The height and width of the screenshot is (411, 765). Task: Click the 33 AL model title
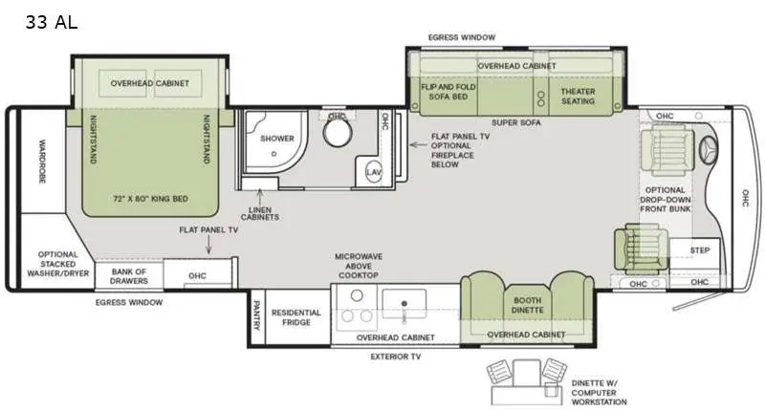pos(52,22)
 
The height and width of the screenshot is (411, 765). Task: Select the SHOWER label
pos(277,139)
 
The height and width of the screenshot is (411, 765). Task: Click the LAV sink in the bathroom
pos(374,172)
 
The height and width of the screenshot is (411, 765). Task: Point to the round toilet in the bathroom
pos(338,133)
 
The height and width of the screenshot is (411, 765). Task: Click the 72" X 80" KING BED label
pos(150,199)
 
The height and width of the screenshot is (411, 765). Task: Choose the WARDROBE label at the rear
pos(42,162)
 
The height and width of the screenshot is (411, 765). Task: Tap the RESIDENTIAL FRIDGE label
pos(296,317)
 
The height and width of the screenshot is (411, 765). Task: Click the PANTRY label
pos(256,315)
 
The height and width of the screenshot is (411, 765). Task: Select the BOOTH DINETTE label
pos(528,305)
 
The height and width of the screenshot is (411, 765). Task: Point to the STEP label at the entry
pos(700,250)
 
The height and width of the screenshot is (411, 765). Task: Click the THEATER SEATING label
pos(579,96)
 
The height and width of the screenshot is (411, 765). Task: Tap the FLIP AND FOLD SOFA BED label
pos(448,92)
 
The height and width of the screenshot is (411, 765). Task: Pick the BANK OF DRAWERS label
pos(129,276)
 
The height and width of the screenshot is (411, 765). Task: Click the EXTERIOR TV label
pos(396,357)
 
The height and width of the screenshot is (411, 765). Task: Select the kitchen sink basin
pos(404,304)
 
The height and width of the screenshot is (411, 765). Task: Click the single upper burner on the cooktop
pos(357,295)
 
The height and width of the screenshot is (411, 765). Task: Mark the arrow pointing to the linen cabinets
pos(260,197)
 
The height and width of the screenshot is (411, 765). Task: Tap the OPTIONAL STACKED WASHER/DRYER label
pos(58,264)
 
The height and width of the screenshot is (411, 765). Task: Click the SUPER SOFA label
pos(516,123)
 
